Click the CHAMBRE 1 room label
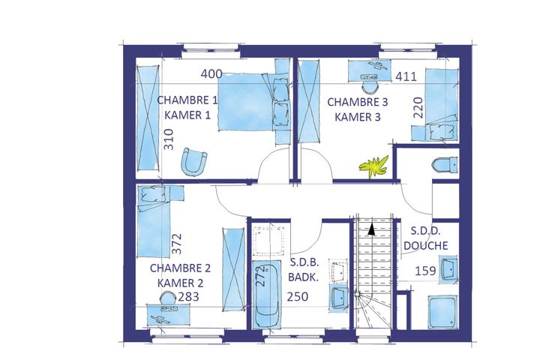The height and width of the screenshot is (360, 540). tap(187, 100)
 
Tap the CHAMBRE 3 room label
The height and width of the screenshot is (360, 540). tap(358, 102)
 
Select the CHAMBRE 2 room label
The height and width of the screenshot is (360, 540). tap(180, 268)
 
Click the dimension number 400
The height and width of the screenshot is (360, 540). tap(211, 73)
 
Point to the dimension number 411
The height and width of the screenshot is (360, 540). tap(406, 76)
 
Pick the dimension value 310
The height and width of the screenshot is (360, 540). tap(169, 139)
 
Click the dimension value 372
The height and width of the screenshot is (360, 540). tap(176, 244)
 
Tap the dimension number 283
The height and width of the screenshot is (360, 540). tap(188, 296)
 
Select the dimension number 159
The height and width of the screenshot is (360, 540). tap(425, 271)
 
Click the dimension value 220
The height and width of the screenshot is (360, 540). tap(418, 107)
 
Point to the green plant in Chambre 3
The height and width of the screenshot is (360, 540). tap(373, 166)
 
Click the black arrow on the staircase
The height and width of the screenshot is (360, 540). tap(371, 229)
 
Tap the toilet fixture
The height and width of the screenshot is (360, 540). tap(445, 165)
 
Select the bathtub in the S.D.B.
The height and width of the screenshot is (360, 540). tap(267, 295)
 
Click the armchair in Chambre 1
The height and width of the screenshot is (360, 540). tap(194, 161)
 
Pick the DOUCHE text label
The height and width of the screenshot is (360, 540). tap(426, 246)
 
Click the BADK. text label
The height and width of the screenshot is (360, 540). tap(303, 277)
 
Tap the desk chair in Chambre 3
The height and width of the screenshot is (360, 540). tap(370, 87)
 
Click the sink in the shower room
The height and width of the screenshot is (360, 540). tap(448, 269)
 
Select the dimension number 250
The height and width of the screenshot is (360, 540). tap(298, 296)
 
